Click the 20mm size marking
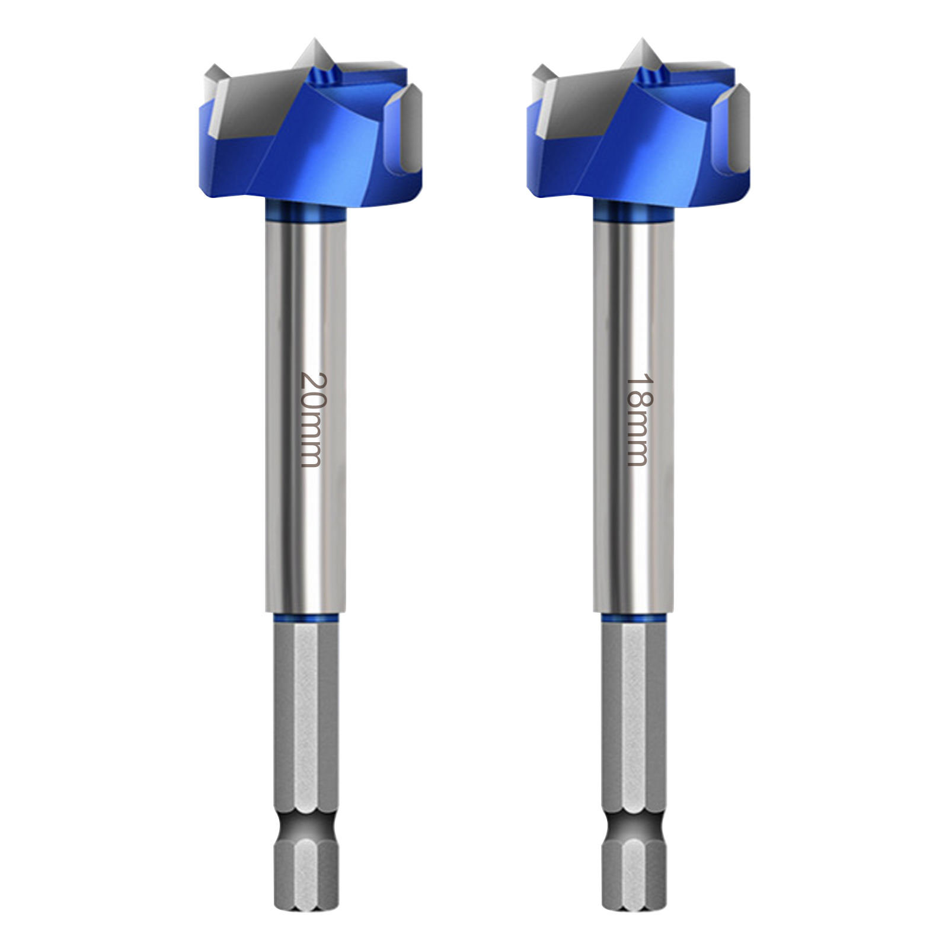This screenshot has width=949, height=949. [311, 419]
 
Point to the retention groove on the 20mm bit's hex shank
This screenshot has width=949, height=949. [306, 824]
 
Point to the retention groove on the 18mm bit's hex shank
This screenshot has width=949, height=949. [634, 824]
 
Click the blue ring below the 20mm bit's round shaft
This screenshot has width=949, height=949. [306, 618]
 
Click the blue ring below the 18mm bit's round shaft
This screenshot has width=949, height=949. [634, 618]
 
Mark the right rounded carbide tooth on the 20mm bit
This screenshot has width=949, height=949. [403, 124]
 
